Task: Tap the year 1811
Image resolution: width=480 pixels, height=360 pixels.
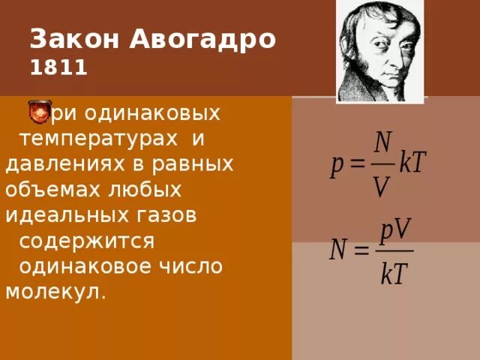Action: (59, 69)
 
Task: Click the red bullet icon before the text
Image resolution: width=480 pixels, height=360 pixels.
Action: (38, 112)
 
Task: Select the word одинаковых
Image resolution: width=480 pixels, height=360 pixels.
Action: (153, 114)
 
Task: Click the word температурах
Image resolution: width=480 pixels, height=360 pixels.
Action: (98, 139)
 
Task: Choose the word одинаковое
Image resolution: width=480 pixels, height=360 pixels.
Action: (88, 266)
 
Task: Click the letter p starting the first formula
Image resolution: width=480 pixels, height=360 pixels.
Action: (337, 166)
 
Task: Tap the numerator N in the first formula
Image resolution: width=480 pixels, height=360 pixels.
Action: (382, 142)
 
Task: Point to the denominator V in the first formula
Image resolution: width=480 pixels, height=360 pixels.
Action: (382, 187)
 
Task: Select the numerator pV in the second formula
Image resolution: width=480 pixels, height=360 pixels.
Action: (395, 230)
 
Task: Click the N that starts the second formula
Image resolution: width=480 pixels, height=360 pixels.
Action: (341, 250)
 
